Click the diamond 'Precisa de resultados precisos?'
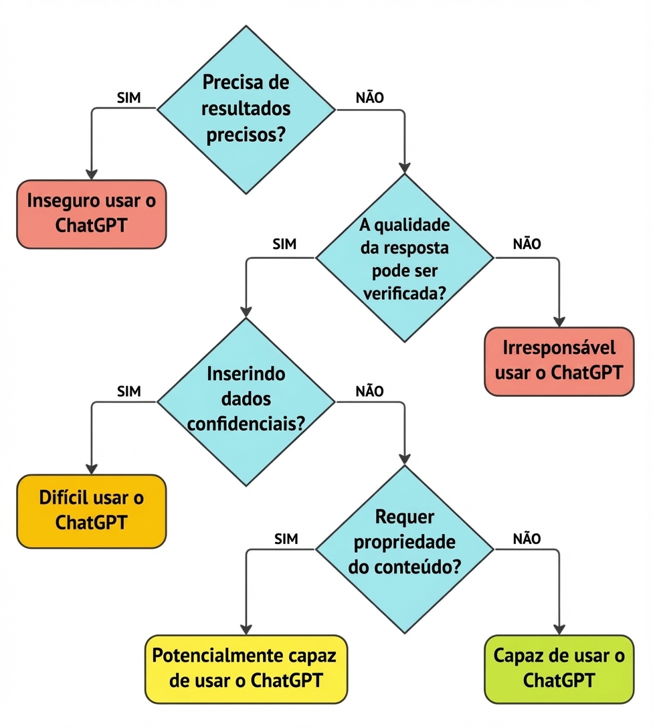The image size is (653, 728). pos(246,109)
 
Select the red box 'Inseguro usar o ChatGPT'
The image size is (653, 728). pos(91,214)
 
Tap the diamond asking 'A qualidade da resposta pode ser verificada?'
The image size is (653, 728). pos(404,258)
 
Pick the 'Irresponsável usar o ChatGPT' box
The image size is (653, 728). pos(559,361)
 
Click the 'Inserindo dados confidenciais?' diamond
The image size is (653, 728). pos(246,401)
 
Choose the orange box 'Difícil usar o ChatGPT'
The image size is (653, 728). pos(91,511)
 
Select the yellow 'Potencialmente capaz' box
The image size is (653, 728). pos(246,668)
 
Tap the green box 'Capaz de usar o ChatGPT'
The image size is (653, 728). pos(559,668)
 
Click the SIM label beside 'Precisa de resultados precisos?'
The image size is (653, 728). pos(128,98)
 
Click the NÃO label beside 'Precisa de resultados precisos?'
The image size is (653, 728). pos(369,98)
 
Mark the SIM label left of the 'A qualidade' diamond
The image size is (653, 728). pos(285,245)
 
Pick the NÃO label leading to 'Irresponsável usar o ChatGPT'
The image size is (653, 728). pos(527,245)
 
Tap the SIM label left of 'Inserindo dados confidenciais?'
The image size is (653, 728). pos(128,391)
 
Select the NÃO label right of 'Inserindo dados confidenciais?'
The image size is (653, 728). pos(369,391)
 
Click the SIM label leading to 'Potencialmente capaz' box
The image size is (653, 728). pos(286,539)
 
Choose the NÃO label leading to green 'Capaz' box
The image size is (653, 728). pos(527,539)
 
